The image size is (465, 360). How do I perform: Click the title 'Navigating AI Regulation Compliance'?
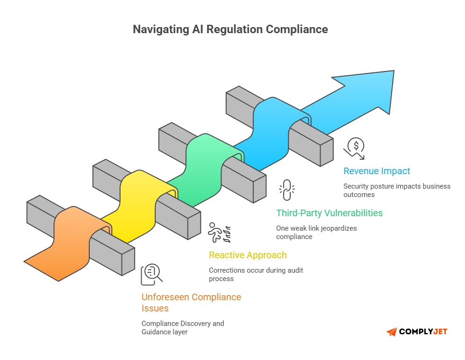(x=230, y=29)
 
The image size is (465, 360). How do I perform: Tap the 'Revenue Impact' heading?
(x=377, y=171)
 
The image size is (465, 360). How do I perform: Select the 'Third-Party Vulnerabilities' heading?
(x=329, y=213)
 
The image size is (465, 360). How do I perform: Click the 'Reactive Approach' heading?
(x=248, y=255)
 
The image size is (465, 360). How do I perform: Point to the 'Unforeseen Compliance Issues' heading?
(x=191, y=303)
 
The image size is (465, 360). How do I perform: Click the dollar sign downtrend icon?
(x=355, y=148)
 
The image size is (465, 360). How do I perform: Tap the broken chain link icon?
(x=287, y=190)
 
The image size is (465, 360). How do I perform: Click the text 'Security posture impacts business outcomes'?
(x=397, y=190)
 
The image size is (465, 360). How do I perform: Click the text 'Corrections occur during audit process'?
(x=256, y=274)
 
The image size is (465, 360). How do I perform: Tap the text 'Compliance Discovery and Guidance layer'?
(x=183, y=327)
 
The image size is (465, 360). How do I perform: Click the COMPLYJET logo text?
(x=423, y=332)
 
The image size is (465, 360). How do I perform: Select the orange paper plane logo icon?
(x=392, y=332)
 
